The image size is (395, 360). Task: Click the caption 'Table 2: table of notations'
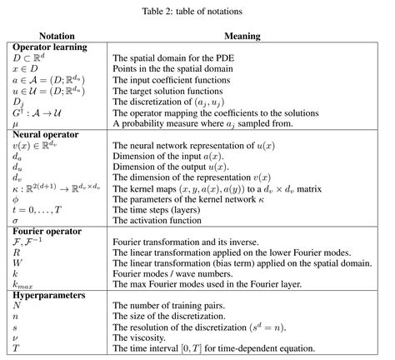pyautogui.click(x=197, y=12)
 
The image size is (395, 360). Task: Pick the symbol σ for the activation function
pyautogui.click(x=17, y=220)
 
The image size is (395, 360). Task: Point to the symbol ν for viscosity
pyautogui.click(x=16, y=339)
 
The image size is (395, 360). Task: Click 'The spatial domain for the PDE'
pyautogui.click(x=173, y=57)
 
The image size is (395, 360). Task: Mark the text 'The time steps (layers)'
pyautogui.click(x=158, y=209)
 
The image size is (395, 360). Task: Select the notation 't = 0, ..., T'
pyautogui.click(x=36, y=209)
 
